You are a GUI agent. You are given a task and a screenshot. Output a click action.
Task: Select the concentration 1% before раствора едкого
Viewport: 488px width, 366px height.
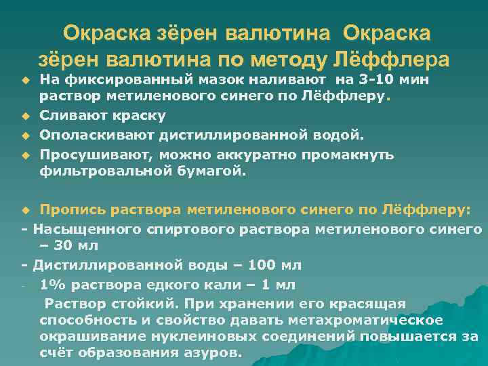[x=52, y=283]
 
